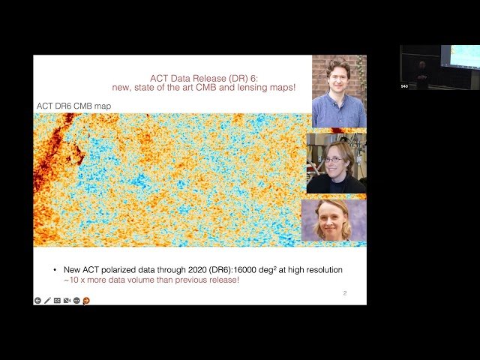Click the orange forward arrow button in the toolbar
pos(86,300)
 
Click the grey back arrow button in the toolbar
pos(37,300)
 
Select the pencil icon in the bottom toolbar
pos(47,300)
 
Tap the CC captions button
pos(57,300)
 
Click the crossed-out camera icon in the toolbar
pos(67,300)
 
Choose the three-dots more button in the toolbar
pos(76,300)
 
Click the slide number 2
pos(344,293)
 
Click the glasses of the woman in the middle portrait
pos(334,159)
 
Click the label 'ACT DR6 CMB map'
pos(73,106)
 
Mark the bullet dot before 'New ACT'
pos(54,269)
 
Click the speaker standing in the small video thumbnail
pos(421,73)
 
